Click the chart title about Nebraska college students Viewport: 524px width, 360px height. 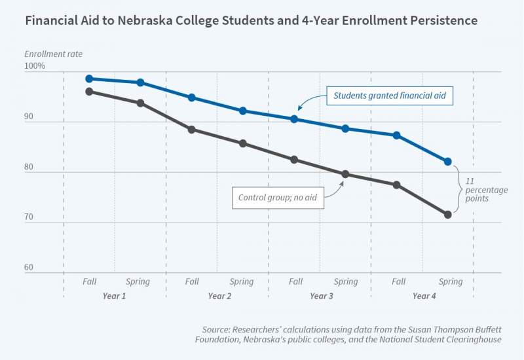coord(251,21)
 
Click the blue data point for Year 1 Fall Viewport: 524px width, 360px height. coord(89,79)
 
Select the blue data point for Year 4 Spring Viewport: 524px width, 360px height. coord(448,162)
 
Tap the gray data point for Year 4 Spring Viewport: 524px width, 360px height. coord(448,215)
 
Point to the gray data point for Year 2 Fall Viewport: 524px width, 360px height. coord(192,130)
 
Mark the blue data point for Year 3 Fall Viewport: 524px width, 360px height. coord(294,119)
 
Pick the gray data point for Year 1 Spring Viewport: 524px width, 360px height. coord(140,103)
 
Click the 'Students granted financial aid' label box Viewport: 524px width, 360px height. coord(389,96)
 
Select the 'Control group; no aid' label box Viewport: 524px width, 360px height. coord(278,197)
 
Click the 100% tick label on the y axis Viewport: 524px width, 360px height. coord(35,67)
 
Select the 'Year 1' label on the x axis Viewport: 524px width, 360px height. coord(114,296)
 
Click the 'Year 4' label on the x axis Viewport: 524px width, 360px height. coord(424,296)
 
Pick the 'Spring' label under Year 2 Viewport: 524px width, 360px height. coord(242,282)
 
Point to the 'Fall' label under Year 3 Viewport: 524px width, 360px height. coord(295,282)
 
